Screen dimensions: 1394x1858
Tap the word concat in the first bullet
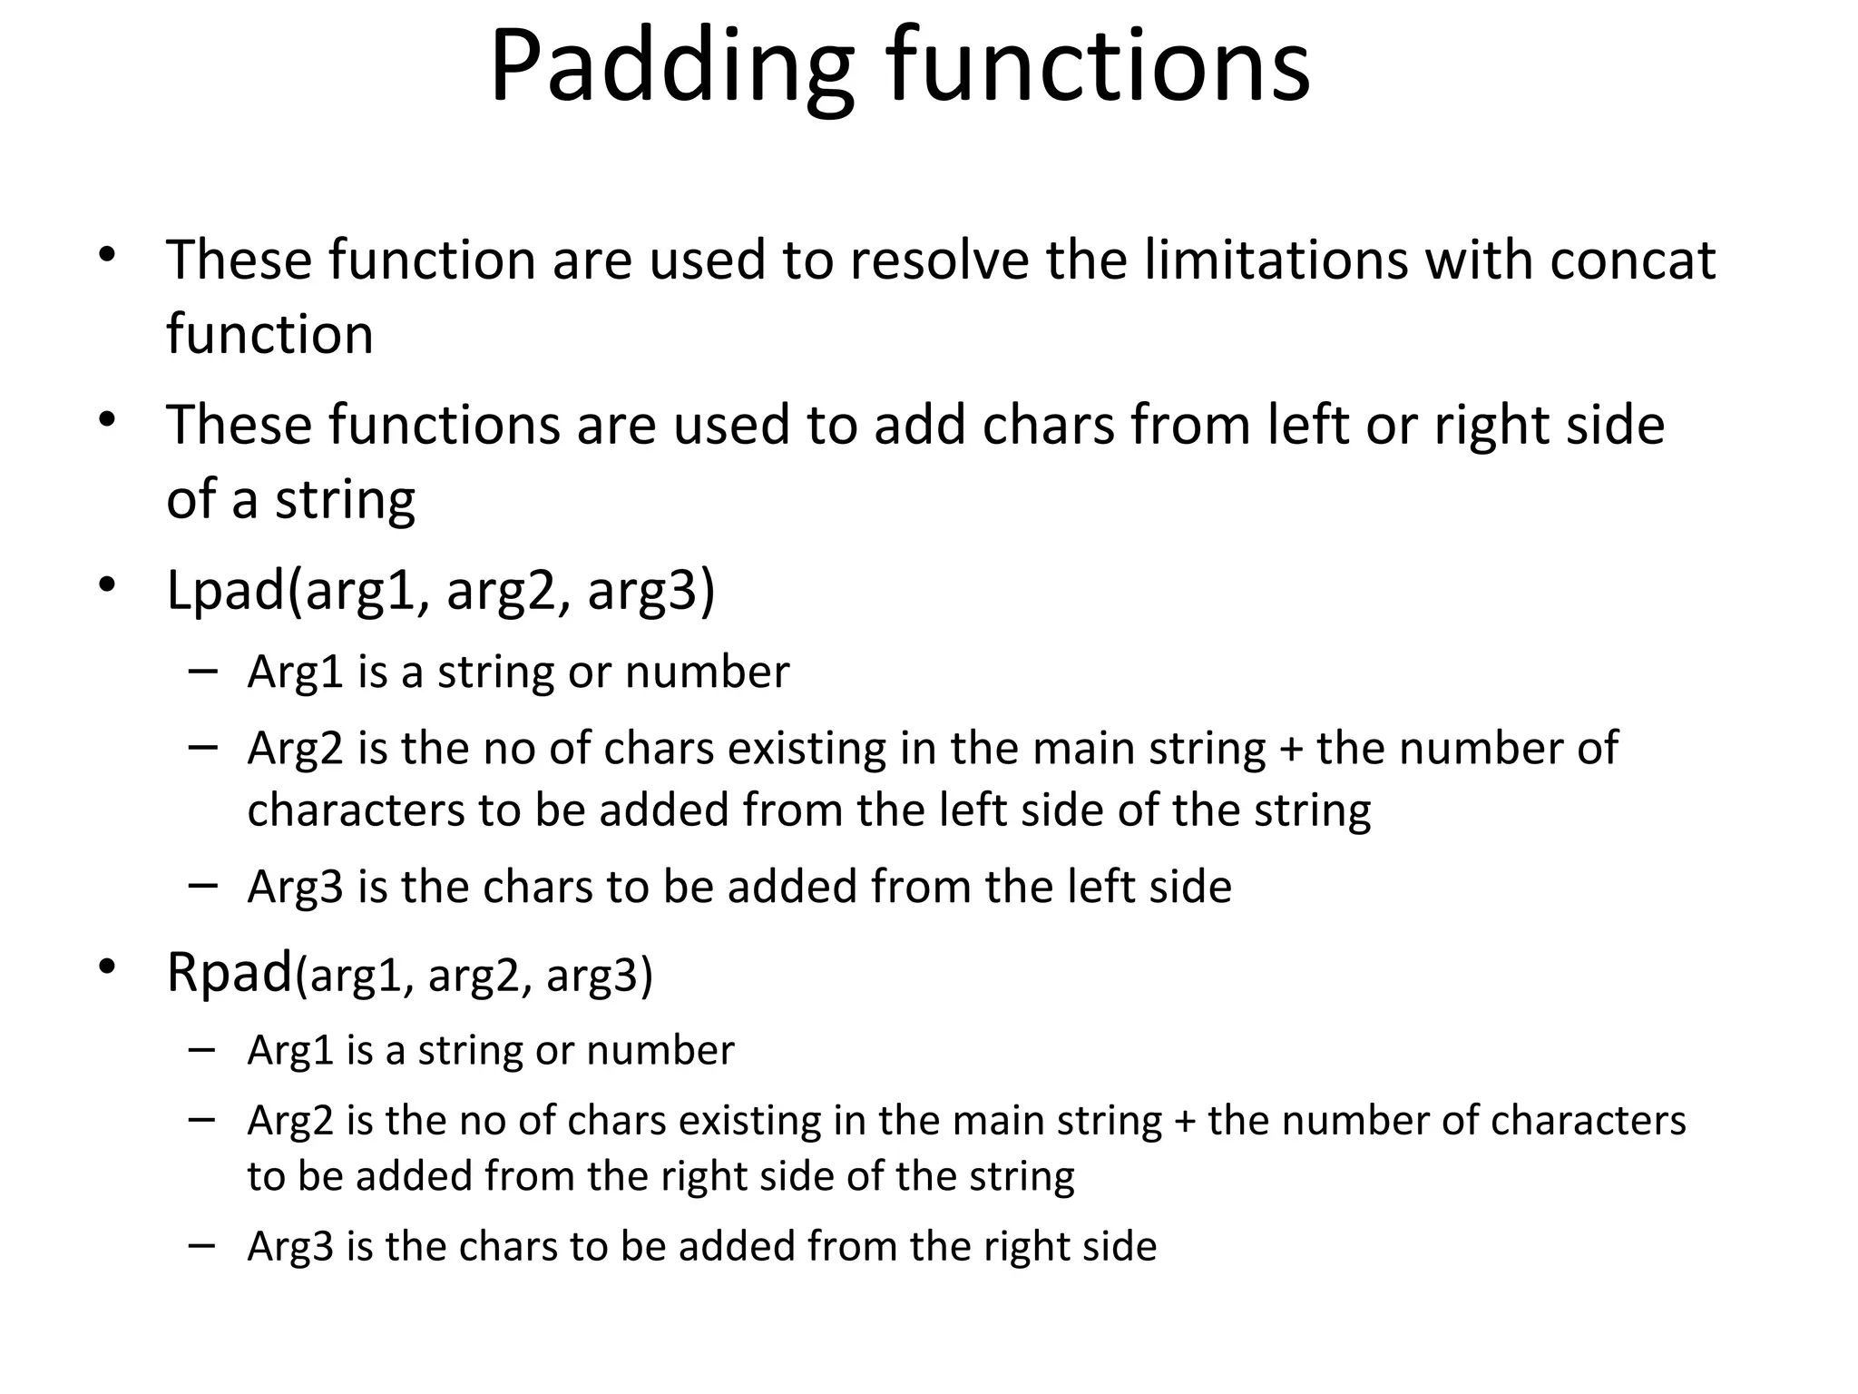pyautogui.click(x=1632, y=260)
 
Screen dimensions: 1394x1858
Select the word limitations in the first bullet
pyautogui.click(x=1275, y=260)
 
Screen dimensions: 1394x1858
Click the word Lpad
pyautogui.click(x=226, y=591)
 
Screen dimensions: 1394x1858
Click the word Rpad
pyautogui.click(x=230, y=973)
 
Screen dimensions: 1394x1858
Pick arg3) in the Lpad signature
pyautogui.click(x=650, y=591)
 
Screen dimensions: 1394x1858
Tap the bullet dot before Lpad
pyautogui.click(x=107, y=585)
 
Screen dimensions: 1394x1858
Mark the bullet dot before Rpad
pyautogui.click(x=107, y=967)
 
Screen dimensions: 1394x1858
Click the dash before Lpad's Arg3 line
pyautogui.click(x=203, y=885)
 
